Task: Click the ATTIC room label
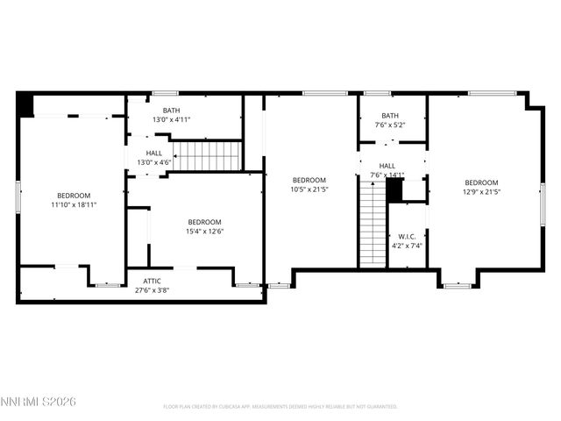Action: (152, 282)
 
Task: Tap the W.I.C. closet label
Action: (407, 237)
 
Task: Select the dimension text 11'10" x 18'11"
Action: (74, 204)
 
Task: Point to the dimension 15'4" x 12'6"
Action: (204, 232)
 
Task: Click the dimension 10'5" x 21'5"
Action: (309, 189)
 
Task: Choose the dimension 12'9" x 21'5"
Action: (481, 191)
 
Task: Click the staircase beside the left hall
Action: (209, 156)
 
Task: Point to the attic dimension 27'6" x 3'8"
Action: (152, 289)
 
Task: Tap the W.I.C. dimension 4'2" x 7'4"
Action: (407, 246)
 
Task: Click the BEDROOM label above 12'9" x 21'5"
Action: (481, 182)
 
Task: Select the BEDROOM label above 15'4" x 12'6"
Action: (204, 222)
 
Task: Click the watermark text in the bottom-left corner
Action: (39, 401)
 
